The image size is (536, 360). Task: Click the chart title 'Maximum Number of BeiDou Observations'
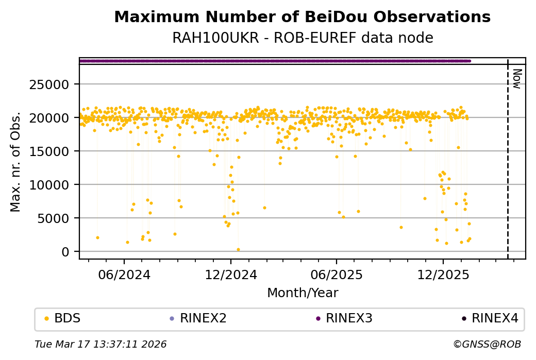(302, 17)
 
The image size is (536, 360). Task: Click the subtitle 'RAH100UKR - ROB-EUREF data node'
(302, 38)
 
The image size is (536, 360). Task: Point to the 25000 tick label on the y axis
(58, 84)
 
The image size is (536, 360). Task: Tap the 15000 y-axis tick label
(58, 151)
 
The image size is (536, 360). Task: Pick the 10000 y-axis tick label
(58, 184)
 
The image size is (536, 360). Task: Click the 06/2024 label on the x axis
(125, 275)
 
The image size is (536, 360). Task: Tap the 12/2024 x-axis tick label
(231, 275)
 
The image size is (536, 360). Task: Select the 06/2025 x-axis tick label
(336, 275)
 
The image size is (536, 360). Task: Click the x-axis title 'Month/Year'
(303, 293)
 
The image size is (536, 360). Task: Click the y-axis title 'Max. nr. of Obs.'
(15, 161)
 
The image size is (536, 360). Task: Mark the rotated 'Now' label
(517, 78)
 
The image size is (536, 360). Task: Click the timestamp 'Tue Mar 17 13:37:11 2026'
(100, 344)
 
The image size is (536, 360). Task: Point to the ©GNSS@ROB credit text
(487, 344)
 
